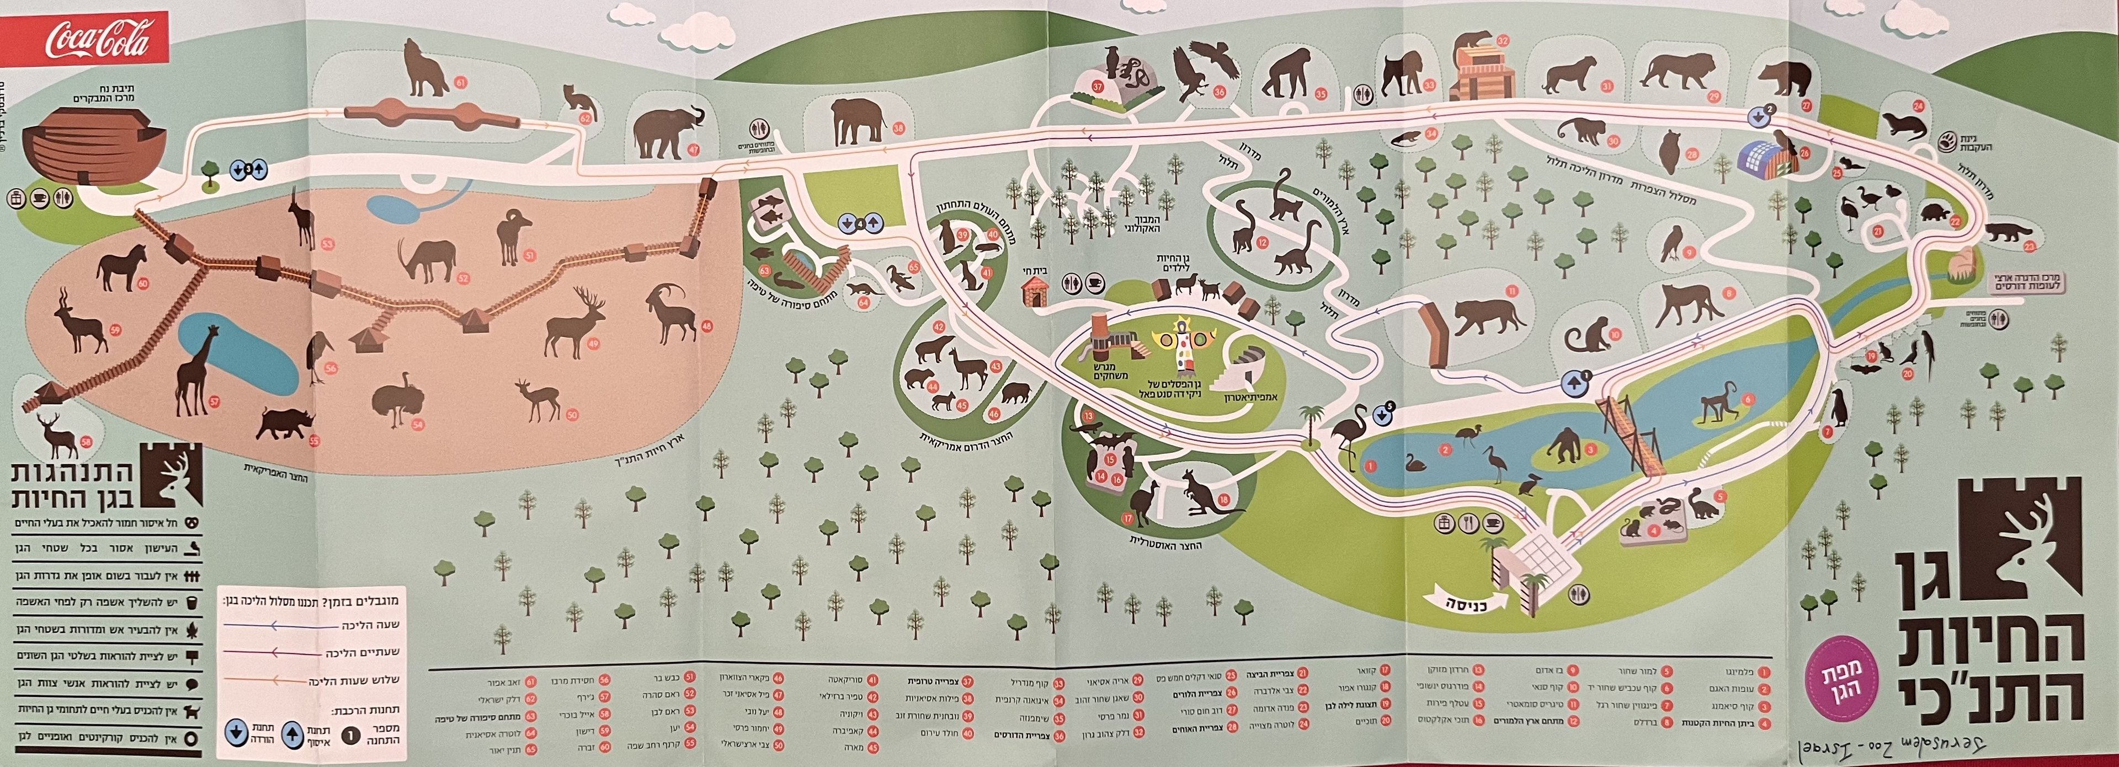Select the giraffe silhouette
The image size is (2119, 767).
tap(198, 370)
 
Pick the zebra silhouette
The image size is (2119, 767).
tap(123, 269)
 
